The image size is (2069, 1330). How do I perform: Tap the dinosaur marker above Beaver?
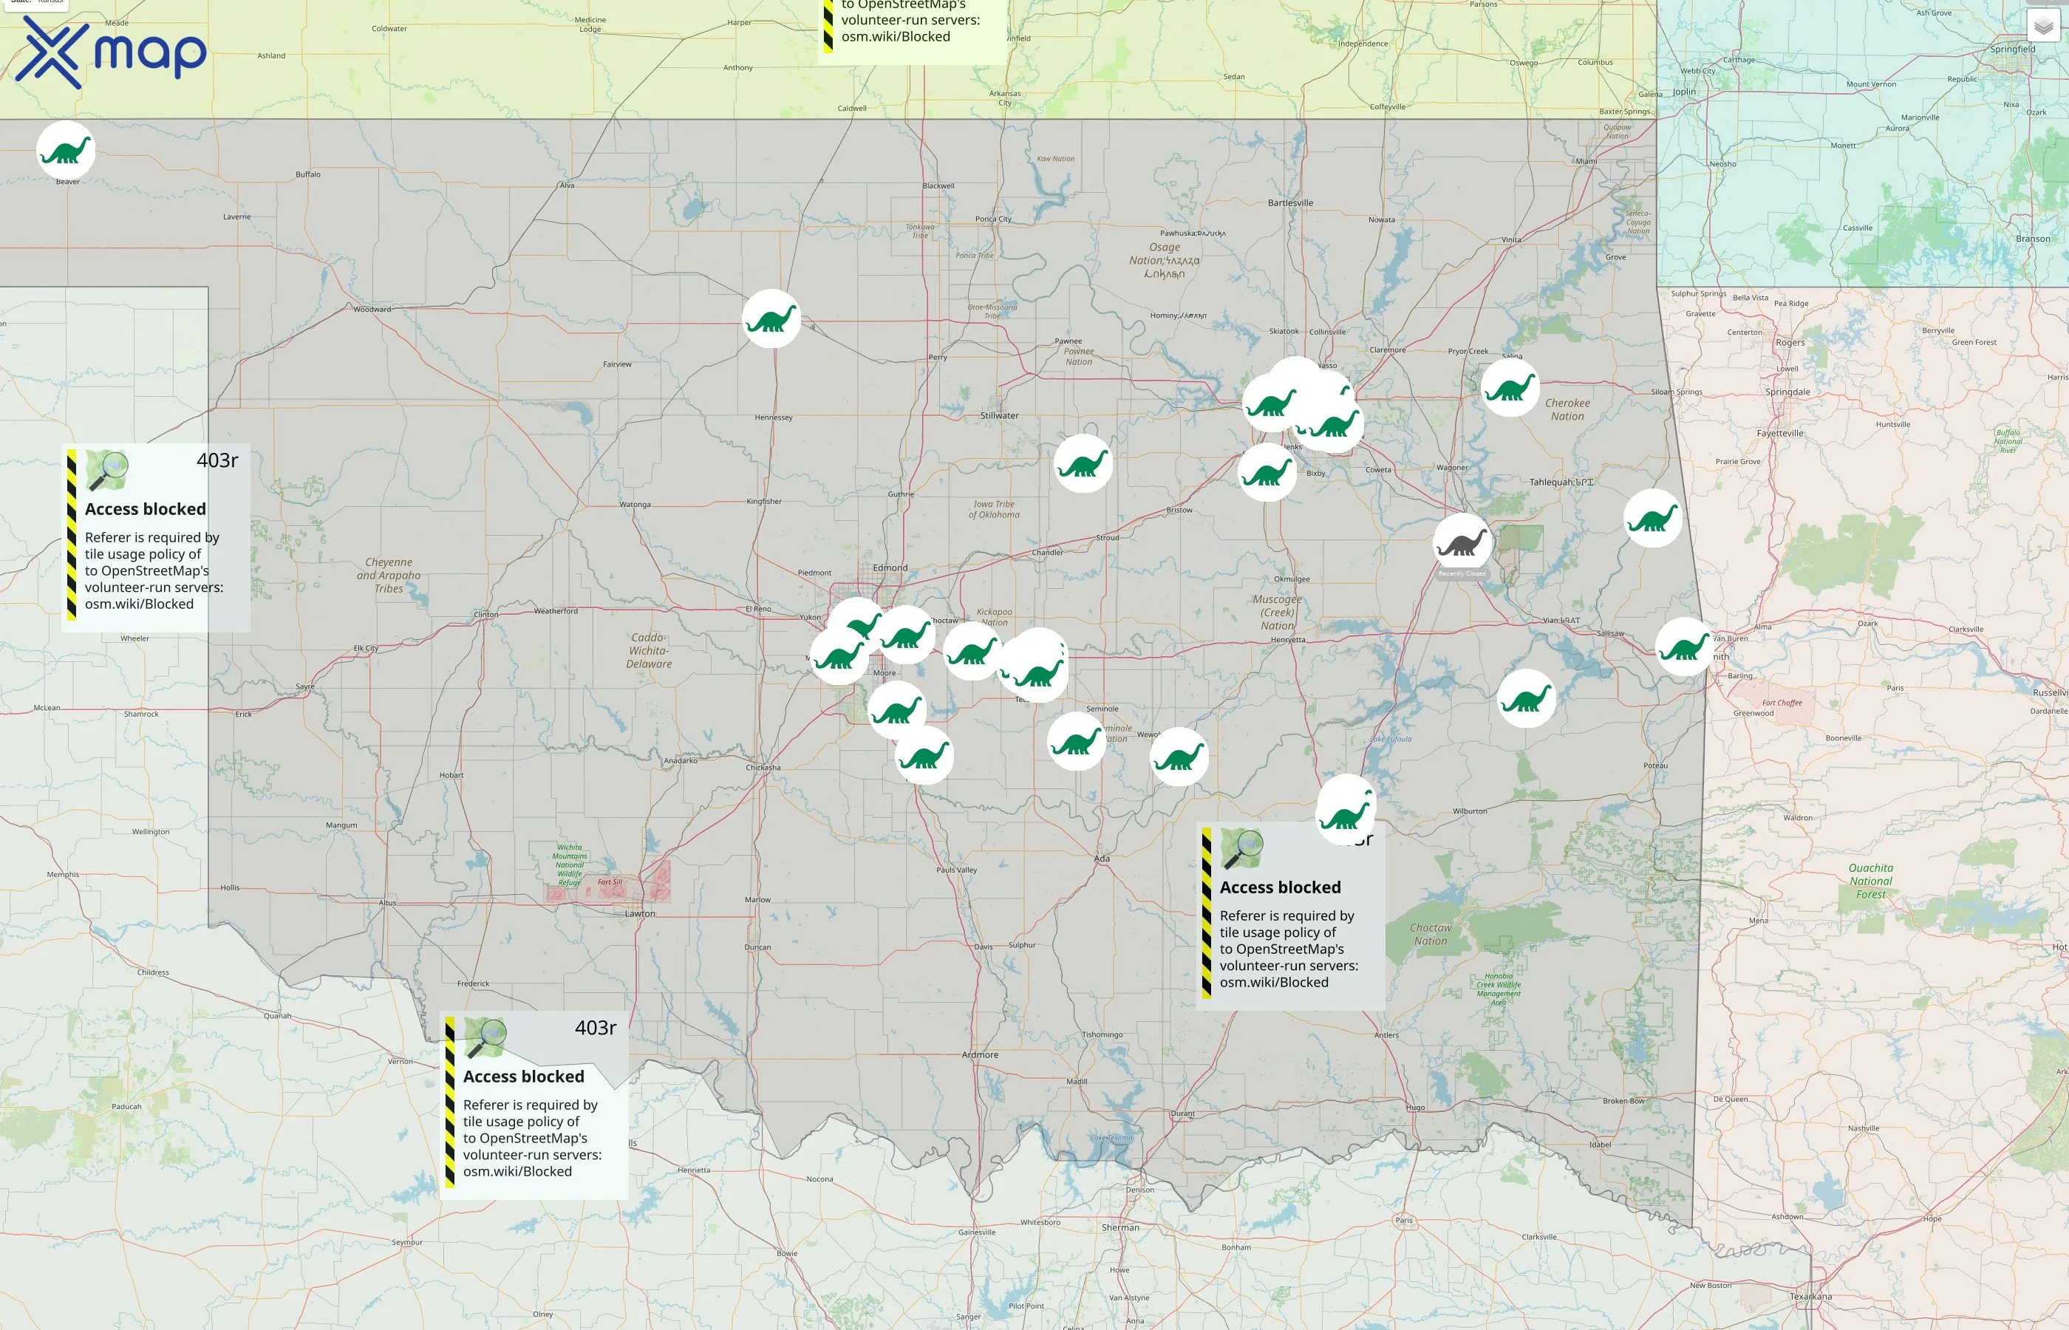66,149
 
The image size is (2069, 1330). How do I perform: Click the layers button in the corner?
2042,26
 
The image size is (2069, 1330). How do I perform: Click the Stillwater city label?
999,415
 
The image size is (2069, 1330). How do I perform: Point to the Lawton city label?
640,913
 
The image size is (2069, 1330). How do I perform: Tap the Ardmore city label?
980,1054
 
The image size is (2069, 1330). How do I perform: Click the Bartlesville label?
1290,203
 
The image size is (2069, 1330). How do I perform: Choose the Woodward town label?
372,309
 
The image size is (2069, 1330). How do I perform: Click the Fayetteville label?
1780,434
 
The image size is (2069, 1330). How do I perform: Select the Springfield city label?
2013,50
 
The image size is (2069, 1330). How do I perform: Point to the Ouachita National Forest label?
1870,881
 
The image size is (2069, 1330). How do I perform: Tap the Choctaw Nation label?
1431,935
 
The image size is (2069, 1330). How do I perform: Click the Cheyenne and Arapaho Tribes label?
389,575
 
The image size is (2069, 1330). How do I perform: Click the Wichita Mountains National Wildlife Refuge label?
569,864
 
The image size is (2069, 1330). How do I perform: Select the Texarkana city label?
1811,1296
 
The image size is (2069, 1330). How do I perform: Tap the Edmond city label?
890,567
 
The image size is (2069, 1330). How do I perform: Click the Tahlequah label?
1561,482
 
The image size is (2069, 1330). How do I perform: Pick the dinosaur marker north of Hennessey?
771,318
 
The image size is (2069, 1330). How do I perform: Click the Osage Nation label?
1164,260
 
